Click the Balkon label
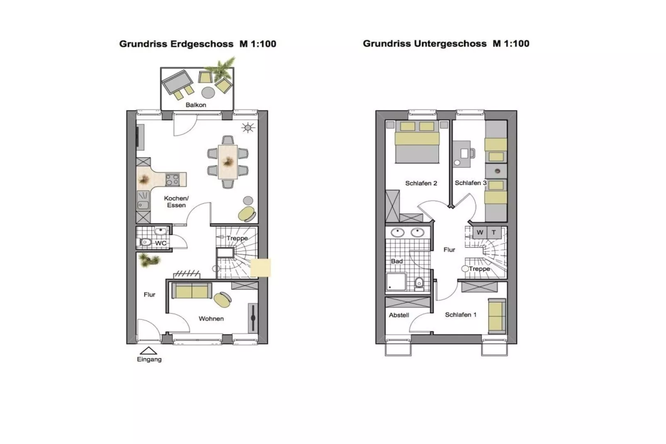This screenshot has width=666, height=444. pos(196,105)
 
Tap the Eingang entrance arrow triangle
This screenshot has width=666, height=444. pos(148,351)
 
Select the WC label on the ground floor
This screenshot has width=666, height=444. pos(161,243)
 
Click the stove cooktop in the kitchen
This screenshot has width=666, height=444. pos(173,180)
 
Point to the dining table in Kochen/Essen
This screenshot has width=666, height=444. pos(228,161)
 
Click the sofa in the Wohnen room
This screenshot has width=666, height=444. pos(192,291)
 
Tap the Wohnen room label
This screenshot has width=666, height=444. pos(211,319)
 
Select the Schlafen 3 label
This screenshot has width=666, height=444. pos(470,183)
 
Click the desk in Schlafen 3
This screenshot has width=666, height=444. pos(462,154)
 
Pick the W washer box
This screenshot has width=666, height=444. pos(480,232)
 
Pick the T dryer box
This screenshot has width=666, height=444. pos(494,232)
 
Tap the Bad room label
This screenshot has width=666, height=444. pos(397,261)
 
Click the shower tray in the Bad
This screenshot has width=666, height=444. pos(396,282)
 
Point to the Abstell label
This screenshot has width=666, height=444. pos(399,315)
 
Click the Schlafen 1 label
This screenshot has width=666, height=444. pos(461,315)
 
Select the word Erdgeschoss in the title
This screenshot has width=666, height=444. pos(202,44)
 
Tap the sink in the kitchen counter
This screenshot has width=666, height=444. pos(143,205)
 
